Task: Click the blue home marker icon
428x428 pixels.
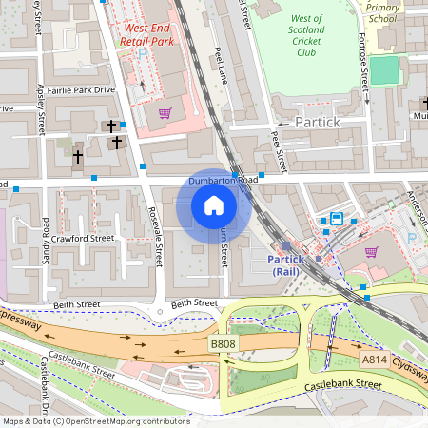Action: click(x=214, y=205)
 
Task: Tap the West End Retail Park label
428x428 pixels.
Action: click(x=148, y=35)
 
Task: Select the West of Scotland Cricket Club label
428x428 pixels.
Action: click(x=305, y=35)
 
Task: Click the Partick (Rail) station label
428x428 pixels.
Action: click(x=285, y=265)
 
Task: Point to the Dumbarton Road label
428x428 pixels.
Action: click(x=223, y=179)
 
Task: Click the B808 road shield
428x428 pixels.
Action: click(x=222, y=342)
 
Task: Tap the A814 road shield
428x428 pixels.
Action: click(x=375, y=360)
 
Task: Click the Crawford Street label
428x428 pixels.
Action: click(x=83, y=238)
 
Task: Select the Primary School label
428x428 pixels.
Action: click(x=381, y=12)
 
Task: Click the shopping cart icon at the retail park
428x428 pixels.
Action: click(x=165, y=112)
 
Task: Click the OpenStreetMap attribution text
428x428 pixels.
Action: click(x=95, y=421)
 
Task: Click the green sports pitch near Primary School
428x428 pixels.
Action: click(x=384, y=70)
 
